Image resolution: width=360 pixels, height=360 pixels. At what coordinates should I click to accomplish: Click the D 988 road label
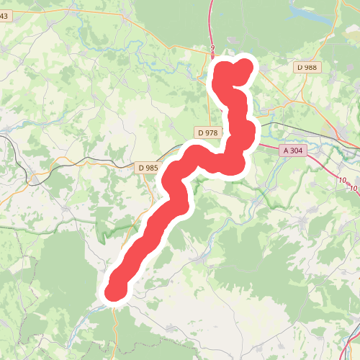coord(307,67)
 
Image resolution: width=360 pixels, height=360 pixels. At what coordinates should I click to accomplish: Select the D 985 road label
coord(147,168)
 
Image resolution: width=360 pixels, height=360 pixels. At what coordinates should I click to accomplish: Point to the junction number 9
coord(213,48)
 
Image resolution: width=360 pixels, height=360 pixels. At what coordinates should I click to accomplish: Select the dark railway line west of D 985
coord(86,163)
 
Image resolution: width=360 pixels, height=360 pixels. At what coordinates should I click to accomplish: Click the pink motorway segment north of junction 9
coord(212,22)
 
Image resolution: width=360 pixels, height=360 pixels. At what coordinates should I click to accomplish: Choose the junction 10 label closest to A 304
coord(341,179)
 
